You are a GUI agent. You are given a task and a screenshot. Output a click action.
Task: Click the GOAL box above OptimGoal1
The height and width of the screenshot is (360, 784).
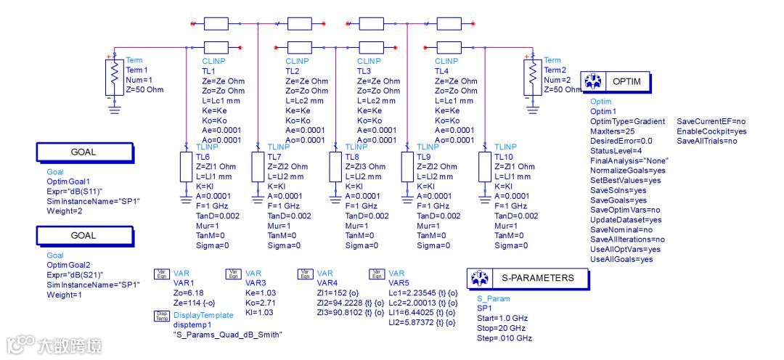(x=83, y=152)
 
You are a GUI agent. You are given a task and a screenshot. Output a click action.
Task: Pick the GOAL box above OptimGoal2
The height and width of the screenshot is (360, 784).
(x=83, y=236)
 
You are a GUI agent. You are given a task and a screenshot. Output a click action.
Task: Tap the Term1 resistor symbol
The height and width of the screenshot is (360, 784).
(x=114, y=73)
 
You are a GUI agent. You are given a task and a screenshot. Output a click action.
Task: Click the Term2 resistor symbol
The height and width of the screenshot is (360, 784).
(x=533, y=73)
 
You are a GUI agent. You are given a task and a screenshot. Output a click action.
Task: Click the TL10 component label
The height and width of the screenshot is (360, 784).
(x=503, y=157)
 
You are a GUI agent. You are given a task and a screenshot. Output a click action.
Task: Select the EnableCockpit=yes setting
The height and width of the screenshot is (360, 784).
(x=711, y=131)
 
